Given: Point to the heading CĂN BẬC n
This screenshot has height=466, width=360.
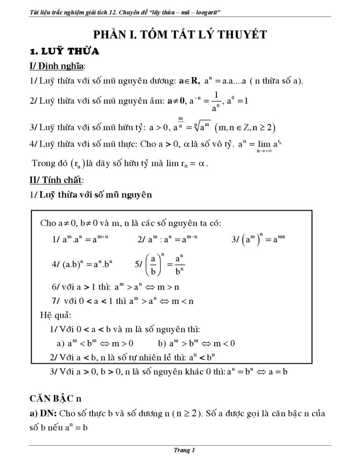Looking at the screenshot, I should (55, 398).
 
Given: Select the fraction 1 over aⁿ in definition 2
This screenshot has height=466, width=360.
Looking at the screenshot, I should (216, 101).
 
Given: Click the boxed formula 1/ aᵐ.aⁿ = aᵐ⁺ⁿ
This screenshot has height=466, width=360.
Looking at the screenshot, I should (81, 240).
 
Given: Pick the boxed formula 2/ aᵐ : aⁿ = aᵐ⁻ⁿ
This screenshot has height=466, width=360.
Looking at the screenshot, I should (167, 240).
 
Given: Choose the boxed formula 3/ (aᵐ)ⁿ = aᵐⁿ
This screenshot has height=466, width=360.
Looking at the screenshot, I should (259, 239).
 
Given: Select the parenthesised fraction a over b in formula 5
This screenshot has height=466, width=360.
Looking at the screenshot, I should (153, 265).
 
